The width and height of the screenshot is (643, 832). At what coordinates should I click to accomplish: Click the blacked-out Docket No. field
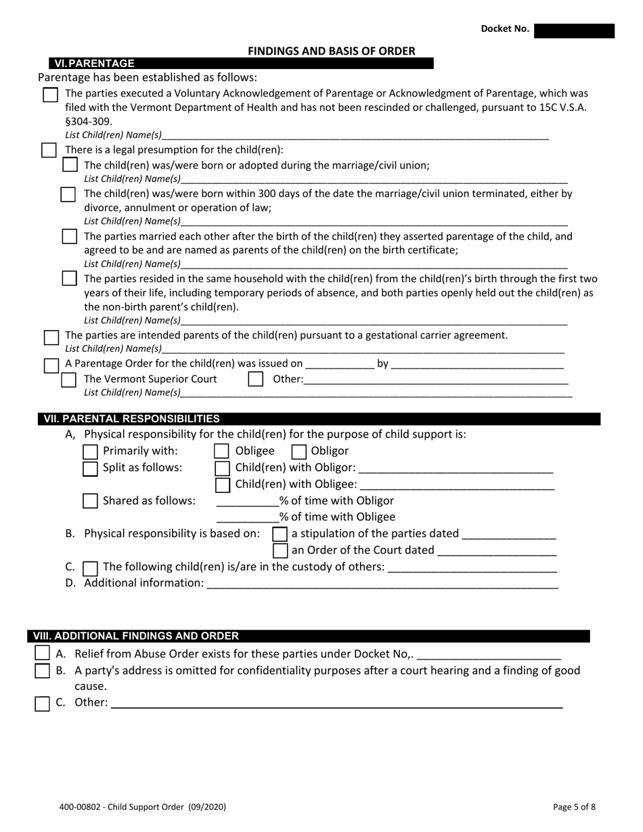tap(574, 30)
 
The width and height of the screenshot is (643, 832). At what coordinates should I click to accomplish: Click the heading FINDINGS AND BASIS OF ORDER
tap(331, 51)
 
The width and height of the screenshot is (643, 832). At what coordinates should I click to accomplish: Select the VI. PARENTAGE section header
tap(94, 64)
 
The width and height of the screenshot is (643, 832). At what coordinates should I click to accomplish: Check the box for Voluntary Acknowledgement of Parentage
tap(50, 95)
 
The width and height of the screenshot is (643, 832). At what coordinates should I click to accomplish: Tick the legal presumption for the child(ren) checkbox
tap(49, 150)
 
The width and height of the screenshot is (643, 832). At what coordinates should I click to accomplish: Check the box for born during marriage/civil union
tap(70, 165)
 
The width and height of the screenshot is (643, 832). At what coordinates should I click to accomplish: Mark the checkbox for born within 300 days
tap(68, 195)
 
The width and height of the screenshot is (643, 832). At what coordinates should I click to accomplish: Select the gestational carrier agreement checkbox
tap(51, 336)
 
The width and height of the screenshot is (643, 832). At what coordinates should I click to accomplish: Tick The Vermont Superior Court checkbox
tap(69, 379)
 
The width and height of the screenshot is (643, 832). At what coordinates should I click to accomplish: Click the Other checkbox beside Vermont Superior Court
tap(255, 379)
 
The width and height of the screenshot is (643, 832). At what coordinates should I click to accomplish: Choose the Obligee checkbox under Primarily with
tap(221, 451)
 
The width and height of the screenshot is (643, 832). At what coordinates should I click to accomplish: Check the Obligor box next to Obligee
tap(298, 451)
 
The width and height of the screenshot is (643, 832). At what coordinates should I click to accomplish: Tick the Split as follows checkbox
tap(90, 468)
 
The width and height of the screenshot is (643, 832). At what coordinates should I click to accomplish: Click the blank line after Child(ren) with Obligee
tap(458, 486)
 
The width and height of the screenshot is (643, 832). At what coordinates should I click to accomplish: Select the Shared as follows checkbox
tap(90, 501)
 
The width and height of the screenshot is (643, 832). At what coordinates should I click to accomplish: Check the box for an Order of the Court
tap(280, 550)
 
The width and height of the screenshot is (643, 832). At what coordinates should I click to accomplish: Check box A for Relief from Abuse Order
tap(42, 653)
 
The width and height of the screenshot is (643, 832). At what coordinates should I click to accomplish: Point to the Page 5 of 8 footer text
tap(574, 806)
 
